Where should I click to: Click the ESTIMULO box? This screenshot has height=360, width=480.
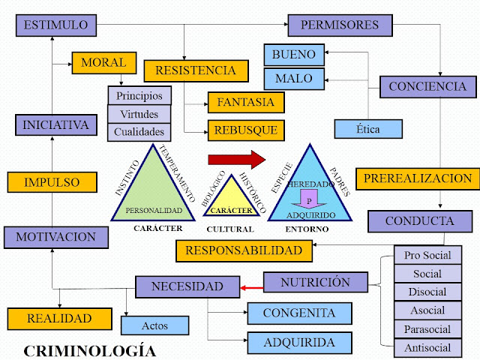tap(55, 25)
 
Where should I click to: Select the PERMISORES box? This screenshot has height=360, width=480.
tap(339, 25)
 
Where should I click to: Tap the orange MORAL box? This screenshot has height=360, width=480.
tap(103, 62)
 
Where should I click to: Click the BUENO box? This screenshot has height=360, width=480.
tap(294, 55)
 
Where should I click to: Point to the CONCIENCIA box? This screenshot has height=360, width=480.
tap(427, 86)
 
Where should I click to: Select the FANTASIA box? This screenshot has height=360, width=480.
tap(245, 101)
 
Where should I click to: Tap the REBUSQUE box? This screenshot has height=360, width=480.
tap(245, 129)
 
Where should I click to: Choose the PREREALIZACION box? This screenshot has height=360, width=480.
tap(418, 178)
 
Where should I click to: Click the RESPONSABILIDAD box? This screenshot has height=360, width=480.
tap(244, 250)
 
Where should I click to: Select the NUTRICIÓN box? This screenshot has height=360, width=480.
tap(315, 283)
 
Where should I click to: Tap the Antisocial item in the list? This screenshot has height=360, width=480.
tap(427, 347)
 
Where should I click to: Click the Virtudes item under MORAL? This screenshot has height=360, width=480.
tap(139, 114)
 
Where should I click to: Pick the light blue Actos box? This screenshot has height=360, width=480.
tap(154, 325)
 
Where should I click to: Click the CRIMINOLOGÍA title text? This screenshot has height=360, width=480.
tap(90, 350)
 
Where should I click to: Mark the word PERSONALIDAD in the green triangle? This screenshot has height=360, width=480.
tap(154, 211)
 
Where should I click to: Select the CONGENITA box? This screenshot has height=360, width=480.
tap(299, 313)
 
